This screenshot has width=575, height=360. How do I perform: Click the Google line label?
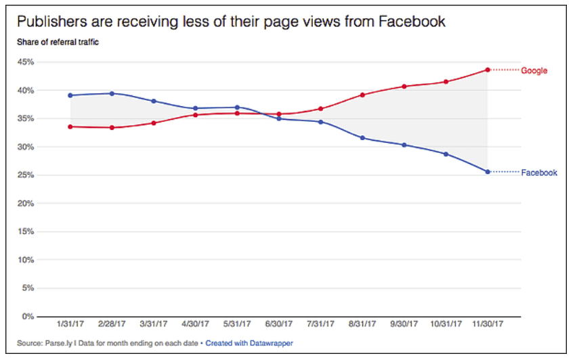point(534,70)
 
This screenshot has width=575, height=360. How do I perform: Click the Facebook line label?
point(538,173)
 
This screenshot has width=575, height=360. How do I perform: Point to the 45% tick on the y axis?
point(26,62)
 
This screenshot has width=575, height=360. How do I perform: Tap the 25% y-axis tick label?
point(26,175)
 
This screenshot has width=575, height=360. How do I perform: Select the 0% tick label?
point(28,316)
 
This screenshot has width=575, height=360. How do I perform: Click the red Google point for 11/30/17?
point(488,70)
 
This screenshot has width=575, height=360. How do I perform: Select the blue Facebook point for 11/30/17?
point(488,172)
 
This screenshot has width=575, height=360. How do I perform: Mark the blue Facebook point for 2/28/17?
point(112,93)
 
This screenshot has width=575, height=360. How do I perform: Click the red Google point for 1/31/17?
point(70,127)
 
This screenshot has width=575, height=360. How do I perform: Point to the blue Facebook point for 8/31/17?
point(362,138)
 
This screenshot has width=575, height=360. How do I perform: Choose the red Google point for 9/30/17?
point(404,87)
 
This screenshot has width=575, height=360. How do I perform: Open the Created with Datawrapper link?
point(249,343)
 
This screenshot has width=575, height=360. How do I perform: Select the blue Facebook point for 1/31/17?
point(70,95)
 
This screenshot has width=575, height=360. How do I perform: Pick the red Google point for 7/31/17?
point(320,109)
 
